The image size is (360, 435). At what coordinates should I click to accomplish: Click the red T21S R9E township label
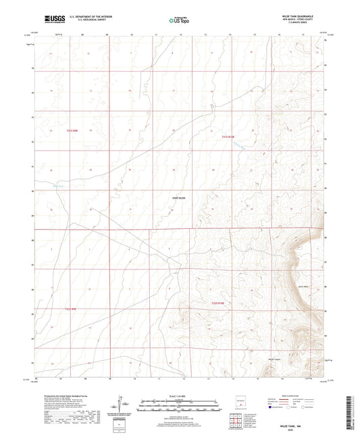(74, 130)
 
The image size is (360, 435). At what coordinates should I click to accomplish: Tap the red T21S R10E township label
(231, 137)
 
